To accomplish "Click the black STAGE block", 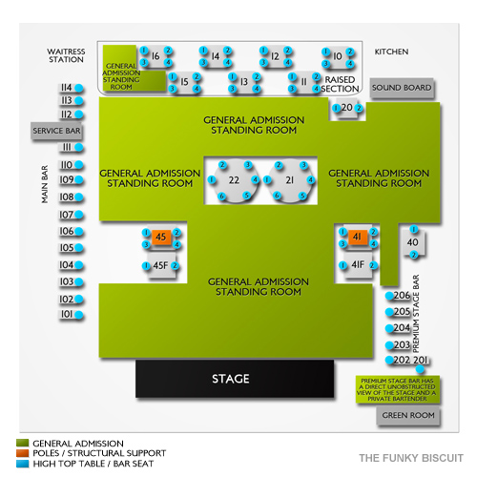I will tap(230, 379).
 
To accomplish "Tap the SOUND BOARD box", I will tap(401, 88).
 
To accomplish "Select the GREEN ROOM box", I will tap(407, 415).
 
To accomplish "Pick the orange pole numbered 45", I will tap(161, 237).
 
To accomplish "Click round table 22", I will tap(232, 179).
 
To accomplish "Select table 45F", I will tap(161, 265).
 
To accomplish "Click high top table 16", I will tap(156, 56).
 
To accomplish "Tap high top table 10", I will tap(338, 56).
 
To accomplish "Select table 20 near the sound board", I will tap(346, 108).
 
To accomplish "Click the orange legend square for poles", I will tap(22, 452).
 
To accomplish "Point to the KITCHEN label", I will tap(391, 52).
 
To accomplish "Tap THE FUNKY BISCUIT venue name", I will tap(410, 456).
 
